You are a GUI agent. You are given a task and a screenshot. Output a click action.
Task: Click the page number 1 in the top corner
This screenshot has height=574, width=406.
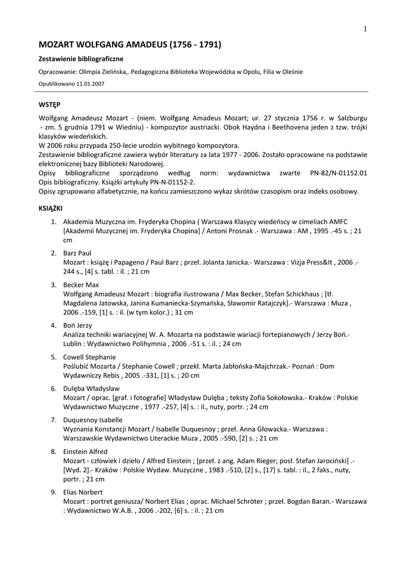(365, 29)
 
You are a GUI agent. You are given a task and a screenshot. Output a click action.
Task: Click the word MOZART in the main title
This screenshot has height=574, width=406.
(59, 44)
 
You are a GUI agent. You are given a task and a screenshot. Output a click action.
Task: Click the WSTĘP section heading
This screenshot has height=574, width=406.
(49, 105)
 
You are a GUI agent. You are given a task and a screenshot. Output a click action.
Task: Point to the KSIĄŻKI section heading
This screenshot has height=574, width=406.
(50, 207)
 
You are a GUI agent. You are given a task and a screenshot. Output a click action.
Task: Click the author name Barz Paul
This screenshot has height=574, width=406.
(77, 253)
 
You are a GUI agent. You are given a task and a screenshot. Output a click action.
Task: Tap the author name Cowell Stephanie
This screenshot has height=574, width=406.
(90, 357)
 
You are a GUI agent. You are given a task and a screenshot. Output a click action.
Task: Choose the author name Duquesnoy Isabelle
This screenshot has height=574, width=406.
(93, 419)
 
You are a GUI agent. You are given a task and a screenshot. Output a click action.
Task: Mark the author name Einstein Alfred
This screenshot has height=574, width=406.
(85, 451)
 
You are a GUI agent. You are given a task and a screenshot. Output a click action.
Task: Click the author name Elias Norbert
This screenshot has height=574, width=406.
(82, 492)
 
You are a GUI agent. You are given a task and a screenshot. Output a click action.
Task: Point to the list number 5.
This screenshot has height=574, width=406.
(54, 357)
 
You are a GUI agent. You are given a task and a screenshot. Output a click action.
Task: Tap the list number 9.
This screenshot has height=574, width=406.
(54, 492)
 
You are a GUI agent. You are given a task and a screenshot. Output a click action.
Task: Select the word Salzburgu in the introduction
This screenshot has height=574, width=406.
(350, 118)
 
